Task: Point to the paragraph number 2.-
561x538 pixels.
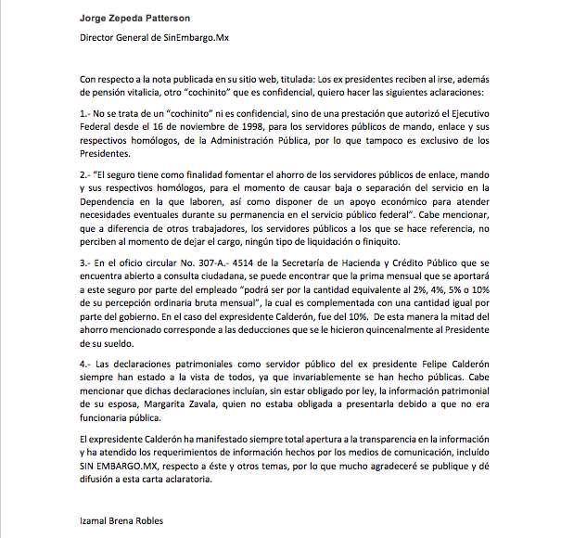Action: click(x=87, y=173)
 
